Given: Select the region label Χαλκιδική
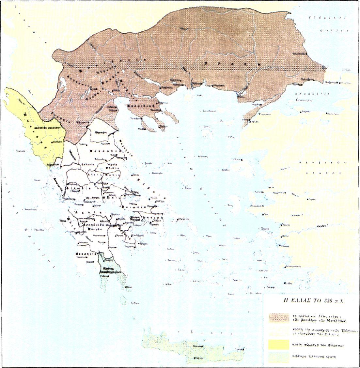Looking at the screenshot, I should [x=146, y=107].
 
